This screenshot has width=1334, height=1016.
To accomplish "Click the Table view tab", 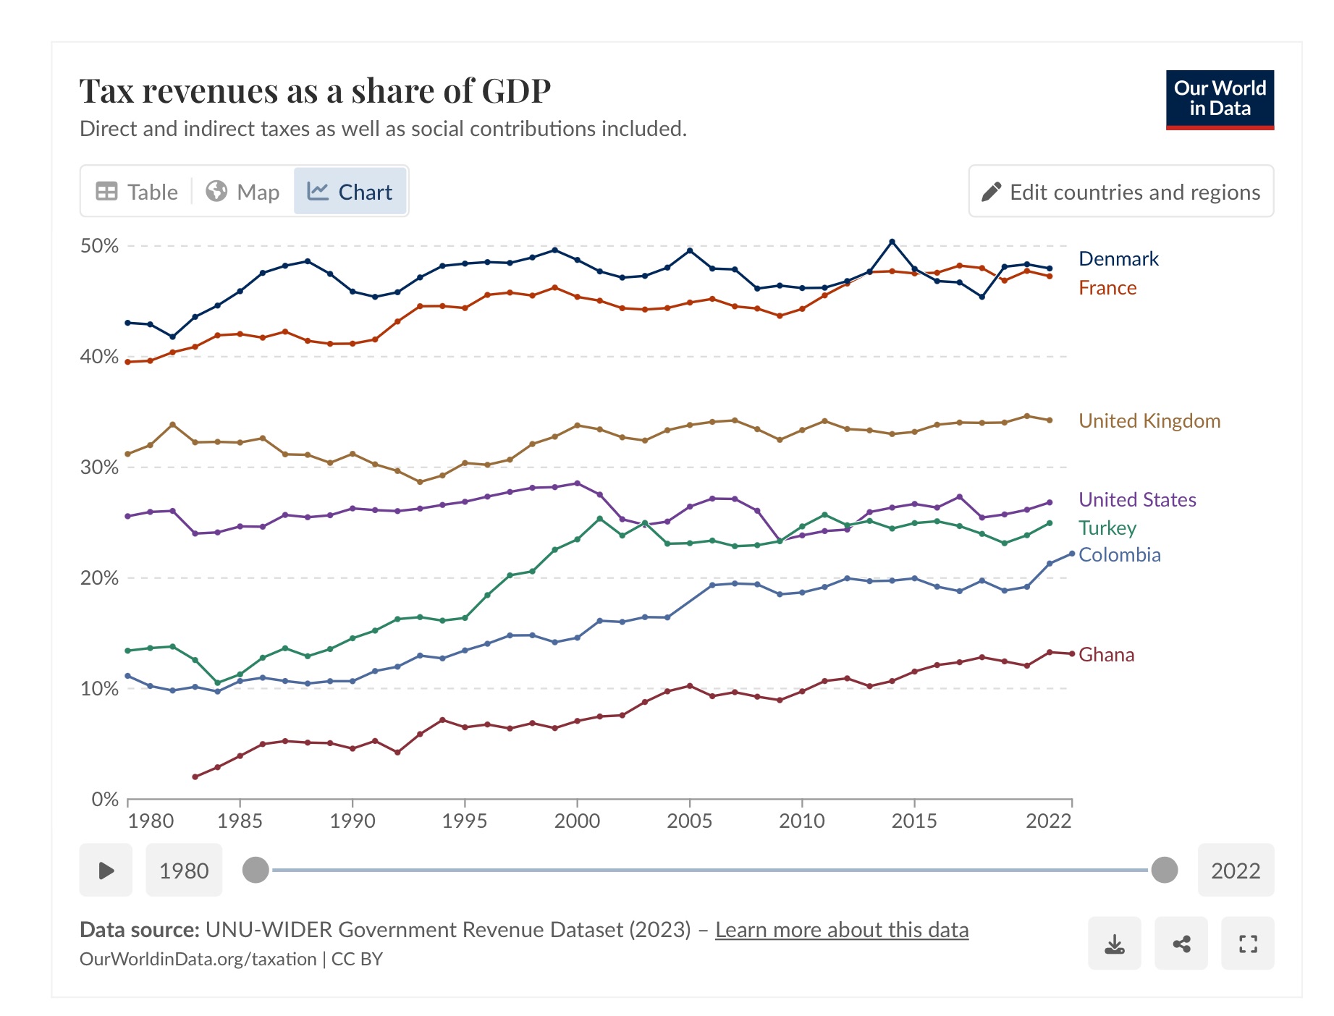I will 137,192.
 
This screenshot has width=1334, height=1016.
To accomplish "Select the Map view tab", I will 242,192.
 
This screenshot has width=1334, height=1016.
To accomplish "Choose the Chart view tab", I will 350,192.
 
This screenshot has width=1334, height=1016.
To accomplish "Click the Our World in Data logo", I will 1220,100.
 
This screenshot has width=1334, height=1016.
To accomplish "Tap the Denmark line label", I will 1118,259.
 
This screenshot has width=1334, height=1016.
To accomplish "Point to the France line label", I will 1107,288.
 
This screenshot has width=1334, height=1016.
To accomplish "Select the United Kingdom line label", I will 1149,421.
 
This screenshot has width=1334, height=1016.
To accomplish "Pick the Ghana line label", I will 1106,655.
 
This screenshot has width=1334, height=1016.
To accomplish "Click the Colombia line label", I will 1119,555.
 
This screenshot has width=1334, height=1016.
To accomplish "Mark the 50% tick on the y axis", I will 100,246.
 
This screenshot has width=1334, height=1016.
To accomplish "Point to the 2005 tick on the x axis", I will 689,821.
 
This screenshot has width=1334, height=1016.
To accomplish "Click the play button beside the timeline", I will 106,870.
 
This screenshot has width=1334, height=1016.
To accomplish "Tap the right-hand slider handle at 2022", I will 1164,870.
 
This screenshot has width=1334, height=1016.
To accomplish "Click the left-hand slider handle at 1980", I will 256,870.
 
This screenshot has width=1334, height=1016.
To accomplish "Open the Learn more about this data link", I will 842,930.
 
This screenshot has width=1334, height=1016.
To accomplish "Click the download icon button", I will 1114,944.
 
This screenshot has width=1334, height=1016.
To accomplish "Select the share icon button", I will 1181,944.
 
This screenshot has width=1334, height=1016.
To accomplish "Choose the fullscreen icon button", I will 1248,944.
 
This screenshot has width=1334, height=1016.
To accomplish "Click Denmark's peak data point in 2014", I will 892,242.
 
